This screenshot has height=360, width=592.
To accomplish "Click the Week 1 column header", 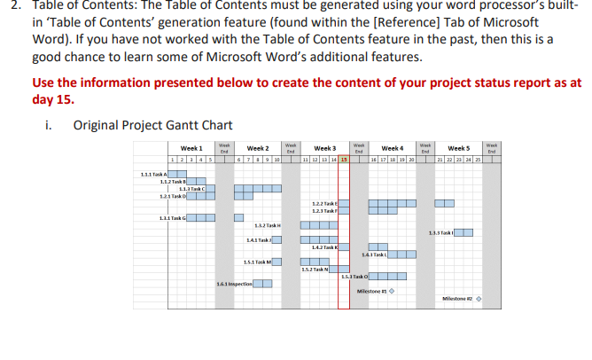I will tap(192, 147).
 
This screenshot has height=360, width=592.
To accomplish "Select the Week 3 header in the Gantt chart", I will tap(325, 147).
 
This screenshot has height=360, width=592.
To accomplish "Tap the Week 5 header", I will tap(459, 147).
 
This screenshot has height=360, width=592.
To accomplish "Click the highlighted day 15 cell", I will tap(344, 158).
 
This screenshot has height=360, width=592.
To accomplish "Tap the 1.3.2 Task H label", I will tap(268, 226).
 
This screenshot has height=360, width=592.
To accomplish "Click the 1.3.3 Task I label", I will tap(440, 233).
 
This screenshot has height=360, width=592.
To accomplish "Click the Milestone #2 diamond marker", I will tap(479, 297).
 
